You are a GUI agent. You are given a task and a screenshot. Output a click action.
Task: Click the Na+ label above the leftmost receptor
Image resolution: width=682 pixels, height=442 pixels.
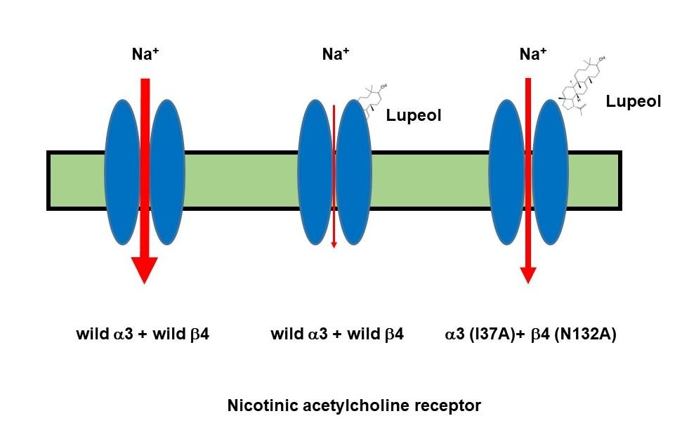(x=145, y=56)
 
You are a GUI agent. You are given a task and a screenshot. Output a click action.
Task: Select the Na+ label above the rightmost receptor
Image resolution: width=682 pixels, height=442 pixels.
(x=532, y=56)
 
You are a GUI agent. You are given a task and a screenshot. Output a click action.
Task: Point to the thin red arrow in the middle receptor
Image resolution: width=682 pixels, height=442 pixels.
(x=334, y=176)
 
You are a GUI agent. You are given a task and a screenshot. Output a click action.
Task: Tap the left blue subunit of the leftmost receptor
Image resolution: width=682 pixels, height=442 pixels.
(x=122, y=173)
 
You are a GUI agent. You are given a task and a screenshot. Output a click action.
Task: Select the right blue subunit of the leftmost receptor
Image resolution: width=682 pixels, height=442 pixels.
(x=167, y=173)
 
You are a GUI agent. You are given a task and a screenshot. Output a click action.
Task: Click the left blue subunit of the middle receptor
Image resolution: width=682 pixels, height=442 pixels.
(x=315, y=173)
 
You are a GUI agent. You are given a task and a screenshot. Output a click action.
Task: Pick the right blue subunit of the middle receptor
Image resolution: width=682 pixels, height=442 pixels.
(x=353, y=173)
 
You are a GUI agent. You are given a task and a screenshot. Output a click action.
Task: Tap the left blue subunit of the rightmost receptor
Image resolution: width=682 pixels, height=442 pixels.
(x=508, y=173)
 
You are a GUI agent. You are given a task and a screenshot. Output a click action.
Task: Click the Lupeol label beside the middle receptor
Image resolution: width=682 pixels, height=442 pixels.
(x=414, y=115)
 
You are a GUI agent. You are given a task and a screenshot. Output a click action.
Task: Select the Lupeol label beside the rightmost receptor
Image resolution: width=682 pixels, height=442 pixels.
(x=634, y=102)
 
